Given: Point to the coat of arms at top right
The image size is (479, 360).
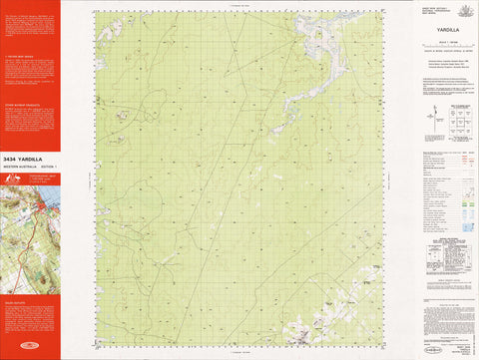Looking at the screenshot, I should point(464,10).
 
